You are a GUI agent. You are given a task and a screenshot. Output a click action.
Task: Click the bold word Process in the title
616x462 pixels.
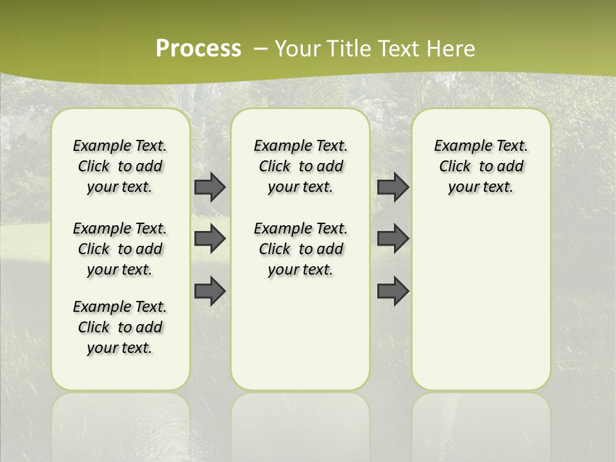pyautogui.click(x=198, y=49)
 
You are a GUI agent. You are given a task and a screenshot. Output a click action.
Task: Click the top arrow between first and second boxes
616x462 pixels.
pyautogui.click(x=210, y=187)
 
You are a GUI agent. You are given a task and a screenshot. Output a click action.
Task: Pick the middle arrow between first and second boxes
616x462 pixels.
pyautogui.click(x=210, y=239)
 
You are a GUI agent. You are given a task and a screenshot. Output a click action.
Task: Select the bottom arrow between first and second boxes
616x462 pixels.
pyautogui.click(x=210, y=291)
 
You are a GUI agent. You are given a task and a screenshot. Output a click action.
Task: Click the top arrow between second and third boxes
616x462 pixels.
pyautogui.click(x=393, y=187)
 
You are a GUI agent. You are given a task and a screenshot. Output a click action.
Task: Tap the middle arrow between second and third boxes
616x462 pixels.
pyautogui.click(x=393, y=239)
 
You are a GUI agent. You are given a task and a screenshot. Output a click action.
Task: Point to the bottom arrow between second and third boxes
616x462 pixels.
pyautogui.click(x=393, y=291)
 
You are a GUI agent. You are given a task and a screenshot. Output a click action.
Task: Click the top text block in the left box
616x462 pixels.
pyautogui.click(x=120, y=166)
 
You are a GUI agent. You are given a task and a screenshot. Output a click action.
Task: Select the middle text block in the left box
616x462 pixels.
pyautogui.click(x=120, y=249)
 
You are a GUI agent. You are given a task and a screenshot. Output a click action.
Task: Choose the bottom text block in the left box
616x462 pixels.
pyautogui.click(x=120, y=327)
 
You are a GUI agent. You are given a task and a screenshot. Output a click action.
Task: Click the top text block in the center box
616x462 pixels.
pyautogui.click(x=300, y=166)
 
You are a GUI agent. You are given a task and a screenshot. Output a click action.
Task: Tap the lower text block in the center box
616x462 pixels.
pyautogui.click(x=300, y=249)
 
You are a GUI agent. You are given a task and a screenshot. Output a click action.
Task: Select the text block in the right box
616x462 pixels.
pyautogui.click(x=481, y=166)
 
